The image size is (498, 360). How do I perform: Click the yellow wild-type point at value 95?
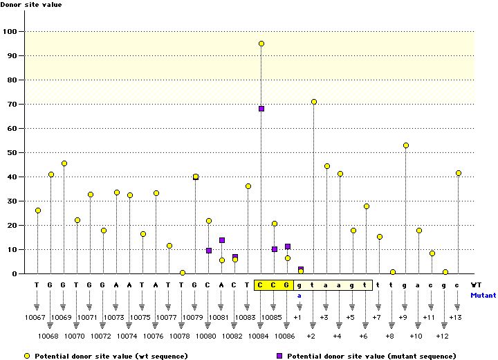[x=261, y=44]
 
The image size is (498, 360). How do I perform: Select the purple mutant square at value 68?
[x=261, y=109]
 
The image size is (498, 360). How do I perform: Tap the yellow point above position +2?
[x=314, y=102]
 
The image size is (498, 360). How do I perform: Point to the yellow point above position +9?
[x=406, y=145]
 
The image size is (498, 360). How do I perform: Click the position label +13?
[x=455, y=317]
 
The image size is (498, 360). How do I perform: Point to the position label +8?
[x=389, y=336]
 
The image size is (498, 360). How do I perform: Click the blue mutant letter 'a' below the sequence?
[x=299, y=296]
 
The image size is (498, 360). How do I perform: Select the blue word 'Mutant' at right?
[x=483, y=295]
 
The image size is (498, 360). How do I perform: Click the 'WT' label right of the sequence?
[x=476, y=285]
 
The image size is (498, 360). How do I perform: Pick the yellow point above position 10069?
[x=64, y=163]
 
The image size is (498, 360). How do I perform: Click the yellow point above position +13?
[x=459, y=173]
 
